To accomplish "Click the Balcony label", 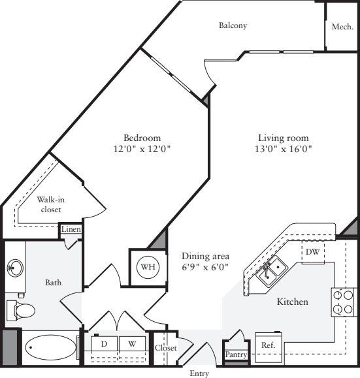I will click(x=233, y=26).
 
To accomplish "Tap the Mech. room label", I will click(x=342, y=27).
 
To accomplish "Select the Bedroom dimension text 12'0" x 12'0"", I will click(x=142, y=149).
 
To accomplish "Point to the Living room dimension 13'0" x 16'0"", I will click(x=283, y=149).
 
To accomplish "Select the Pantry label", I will click(x=235, y=354).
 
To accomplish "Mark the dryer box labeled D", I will click(x=104, y=343).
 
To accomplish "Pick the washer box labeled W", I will click(x=132, y=343).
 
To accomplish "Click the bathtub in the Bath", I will click(x=50, y=347).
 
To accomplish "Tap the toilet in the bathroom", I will click(x=18, y=309).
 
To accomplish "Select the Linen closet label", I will click(x=70, y=230).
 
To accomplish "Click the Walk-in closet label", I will click(x=51, y=204).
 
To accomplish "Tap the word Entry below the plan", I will click(x=199, y=373).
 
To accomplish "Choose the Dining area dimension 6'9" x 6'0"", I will click(x=205, y=262).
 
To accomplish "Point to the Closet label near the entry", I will click(x=165, y=349).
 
